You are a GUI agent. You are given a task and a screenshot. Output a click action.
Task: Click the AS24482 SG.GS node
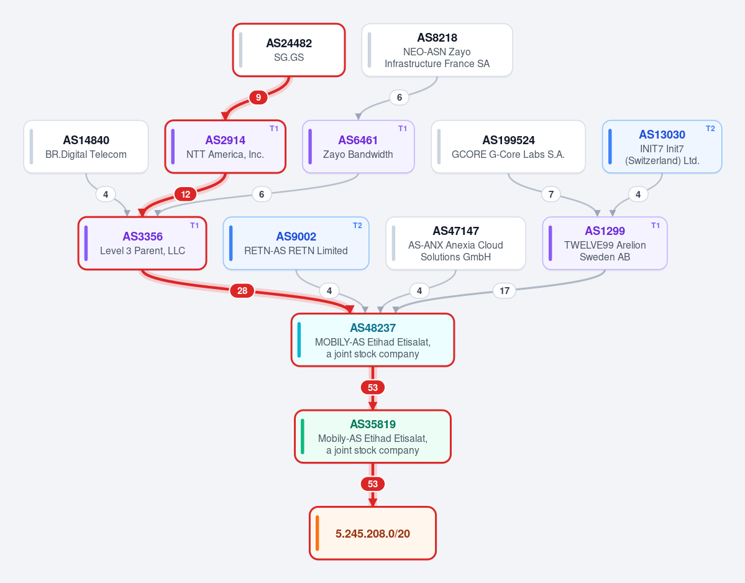[x=289, y=50]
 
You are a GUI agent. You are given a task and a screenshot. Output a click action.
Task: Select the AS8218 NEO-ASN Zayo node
[x=437, y=50]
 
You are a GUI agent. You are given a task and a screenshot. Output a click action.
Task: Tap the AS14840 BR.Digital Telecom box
[x=86, y=147]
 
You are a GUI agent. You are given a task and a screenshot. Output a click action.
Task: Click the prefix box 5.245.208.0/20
[x=373, y=533]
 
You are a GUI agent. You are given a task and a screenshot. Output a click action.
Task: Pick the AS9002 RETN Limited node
[x=296, y=243]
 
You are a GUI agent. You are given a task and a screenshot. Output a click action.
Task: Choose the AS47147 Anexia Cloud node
[x=455, y=243]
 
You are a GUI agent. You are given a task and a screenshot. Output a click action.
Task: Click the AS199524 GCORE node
[x=508, y=147]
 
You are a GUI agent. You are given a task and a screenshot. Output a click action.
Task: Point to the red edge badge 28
[x=242, y=291]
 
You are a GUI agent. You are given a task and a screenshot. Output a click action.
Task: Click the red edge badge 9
[x=258, y=98]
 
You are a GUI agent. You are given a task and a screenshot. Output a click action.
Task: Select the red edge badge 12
[x=186, y=195]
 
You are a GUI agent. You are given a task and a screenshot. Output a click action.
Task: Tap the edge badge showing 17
[x=505, y=291]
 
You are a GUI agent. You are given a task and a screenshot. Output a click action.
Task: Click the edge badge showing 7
[x=551, y=195]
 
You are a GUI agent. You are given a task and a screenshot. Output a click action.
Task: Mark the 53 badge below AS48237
[x=373, y=388]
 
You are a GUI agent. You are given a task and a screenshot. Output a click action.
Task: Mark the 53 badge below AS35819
[x=373, y=484]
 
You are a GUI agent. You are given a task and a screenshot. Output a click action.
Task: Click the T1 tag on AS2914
[x=274, y=128]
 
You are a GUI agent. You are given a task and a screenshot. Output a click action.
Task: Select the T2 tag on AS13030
[x=710, y=128]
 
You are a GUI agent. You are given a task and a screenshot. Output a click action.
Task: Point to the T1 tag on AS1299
[x=656, y=225]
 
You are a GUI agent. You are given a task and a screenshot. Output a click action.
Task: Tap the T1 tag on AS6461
[x=403, y=128]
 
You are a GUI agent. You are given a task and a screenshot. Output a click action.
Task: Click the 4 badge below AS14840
[x=106, y=195]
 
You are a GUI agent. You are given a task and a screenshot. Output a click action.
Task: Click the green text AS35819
[x=373, y=425]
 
